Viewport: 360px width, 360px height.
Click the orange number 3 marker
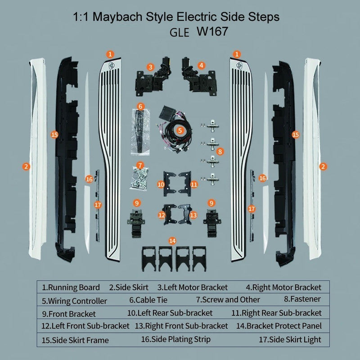(150, 67)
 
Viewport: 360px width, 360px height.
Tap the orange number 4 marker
(201, 65)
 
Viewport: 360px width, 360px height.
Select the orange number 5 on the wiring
(180, 130)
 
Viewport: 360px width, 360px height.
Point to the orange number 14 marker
(172, 241)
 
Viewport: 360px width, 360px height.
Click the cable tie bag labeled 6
(140, 131)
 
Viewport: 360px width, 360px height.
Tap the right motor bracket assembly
(199, 77)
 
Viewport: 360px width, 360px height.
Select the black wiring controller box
(167, 112)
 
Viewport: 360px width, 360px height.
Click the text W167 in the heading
(212, 31)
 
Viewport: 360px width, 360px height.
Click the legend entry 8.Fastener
(302, 299)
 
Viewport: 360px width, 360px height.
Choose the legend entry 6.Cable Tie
(148, 300)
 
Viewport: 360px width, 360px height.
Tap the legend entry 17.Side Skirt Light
(290, 340)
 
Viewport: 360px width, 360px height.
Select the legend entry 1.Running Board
(71, 288)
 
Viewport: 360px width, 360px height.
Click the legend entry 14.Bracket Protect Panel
(279, 326)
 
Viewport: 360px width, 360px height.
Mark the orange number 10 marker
(161, 184)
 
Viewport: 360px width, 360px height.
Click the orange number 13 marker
(193, 215)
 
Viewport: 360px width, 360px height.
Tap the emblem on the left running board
(112, 65)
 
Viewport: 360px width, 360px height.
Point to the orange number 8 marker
(220, 152)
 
